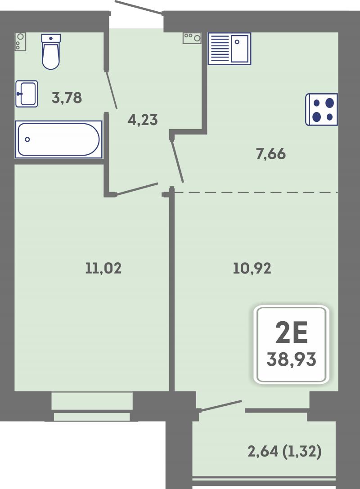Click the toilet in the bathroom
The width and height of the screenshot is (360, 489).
[51, 52]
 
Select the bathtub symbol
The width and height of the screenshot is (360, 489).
[58, 139]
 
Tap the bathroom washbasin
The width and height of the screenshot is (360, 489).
[27, 94]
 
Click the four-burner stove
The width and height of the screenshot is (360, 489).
[322, 109]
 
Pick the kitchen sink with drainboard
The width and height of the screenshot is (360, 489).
[229, 49]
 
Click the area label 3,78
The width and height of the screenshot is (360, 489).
[67, 98]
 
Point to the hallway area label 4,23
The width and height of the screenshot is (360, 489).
[143, 120]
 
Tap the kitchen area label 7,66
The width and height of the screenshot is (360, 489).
[271, 154]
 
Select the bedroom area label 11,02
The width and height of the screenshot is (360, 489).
[103, 268]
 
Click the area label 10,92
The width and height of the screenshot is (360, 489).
[252, 268]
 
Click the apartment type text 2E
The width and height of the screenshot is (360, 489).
[292, 332]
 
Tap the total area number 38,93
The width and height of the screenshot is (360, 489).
[291, 359]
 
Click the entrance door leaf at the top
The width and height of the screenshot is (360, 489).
[139, 7]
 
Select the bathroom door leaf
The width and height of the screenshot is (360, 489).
[112, 90]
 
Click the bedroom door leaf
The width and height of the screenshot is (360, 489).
[137, 189]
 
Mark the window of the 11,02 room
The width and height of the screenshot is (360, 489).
[92, 407]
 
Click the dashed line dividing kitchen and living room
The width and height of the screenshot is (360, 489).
[256, 193]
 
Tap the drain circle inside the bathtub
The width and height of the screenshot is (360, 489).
[27, 139]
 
